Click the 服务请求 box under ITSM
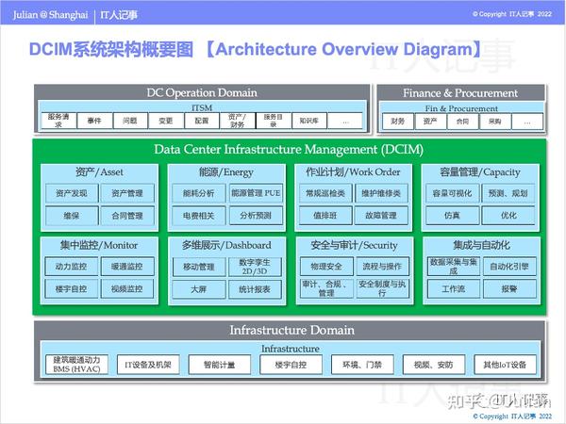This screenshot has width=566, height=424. point(58,121)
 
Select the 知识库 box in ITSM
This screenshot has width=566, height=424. point(308,121)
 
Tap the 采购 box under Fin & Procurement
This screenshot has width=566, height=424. point(494,121)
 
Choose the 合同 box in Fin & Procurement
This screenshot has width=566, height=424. point(461,121)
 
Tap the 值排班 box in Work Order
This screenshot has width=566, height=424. point(325,216)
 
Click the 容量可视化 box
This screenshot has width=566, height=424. point(452,193)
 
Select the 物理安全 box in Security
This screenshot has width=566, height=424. point(325,267)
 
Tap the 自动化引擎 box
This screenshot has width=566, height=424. point(509,267)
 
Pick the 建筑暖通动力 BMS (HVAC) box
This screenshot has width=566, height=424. point(77,364)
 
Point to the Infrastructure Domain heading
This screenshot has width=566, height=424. point(291,330)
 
